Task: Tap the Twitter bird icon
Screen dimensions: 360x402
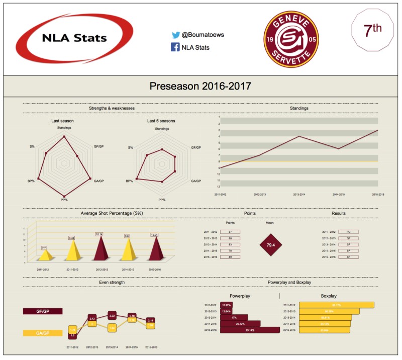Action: coord(176,36)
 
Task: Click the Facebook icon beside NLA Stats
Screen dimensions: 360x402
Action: coord(176,47)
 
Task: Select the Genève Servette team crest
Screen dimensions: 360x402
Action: coord(291,38)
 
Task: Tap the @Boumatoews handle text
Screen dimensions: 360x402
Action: coord(199,36)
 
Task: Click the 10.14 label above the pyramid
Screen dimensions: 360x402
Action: coord(99,234)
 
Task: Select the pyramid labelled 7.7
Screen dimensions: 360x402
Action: coord(44,254)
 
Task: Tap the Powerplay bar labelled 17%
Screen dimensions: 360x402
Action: coord(234,317)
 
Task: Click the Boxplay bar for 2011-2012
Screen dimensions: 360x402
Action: coord(337,305)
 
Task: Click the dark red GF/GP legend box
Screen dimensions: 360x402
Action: coord(43,312)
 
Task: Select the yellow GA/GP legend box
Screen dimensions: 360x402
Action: coord(43,333)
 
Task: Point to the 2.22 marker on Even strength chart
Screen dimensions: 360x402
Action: coord(112,315)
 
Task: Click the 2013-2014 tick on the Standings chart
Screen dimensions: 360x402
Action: coord(299,194)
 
